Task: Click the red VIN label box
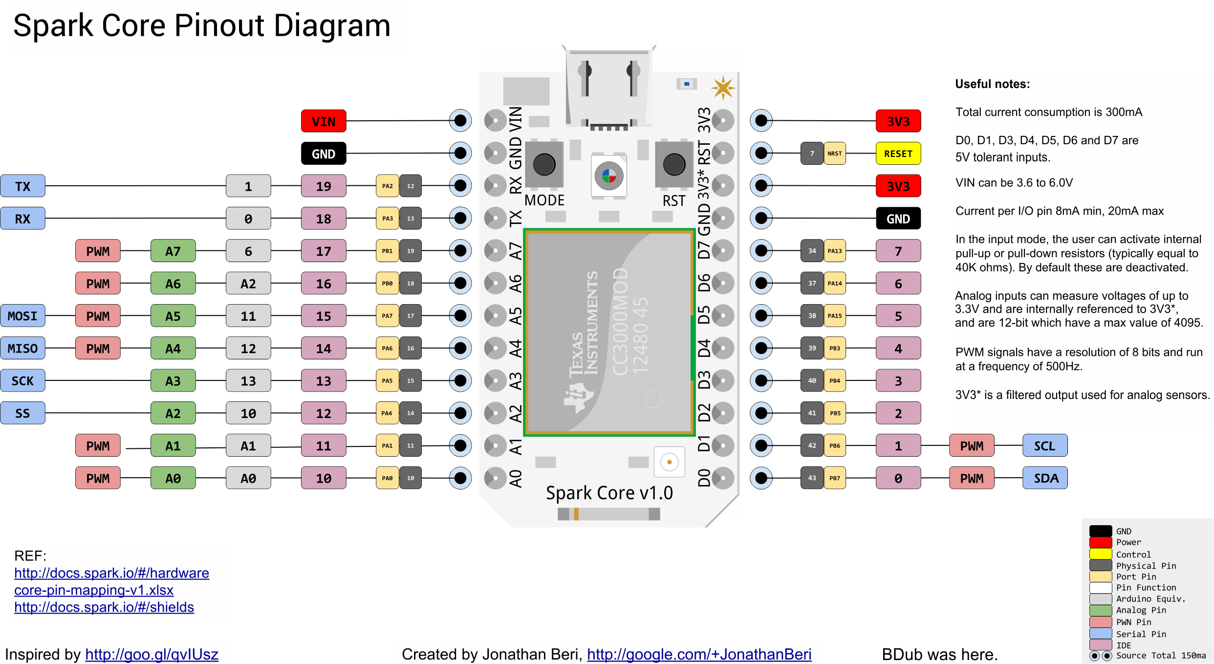click(324, 121)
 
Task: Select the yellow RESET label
click(898, 154)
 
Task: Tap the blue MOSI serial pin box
click(22, 316)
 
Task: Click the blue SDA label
click(1045, 478)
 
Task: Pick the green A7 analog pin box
click(173, 251)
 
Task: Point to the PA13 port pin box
click(834, 251)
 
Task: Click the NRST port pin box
click(834, 154)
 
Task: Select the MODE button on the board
click(544, 164)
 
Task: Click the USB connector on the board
click(608, 88)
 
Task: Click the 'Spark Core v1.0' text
click(609, 493)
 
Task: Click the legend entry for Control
click(1133, 554)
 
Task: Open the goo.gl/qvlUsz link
click(152, 654)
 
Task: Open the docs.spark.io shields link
click(104, 607)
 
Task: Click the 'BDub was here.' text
click(939, 654)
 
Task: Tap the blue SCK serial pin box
click(22, 380)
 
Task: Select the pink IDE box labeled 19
click(324, 186)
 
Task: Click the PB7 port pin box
click(834, 478)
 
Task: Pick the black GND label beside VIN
click(324, 154)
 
